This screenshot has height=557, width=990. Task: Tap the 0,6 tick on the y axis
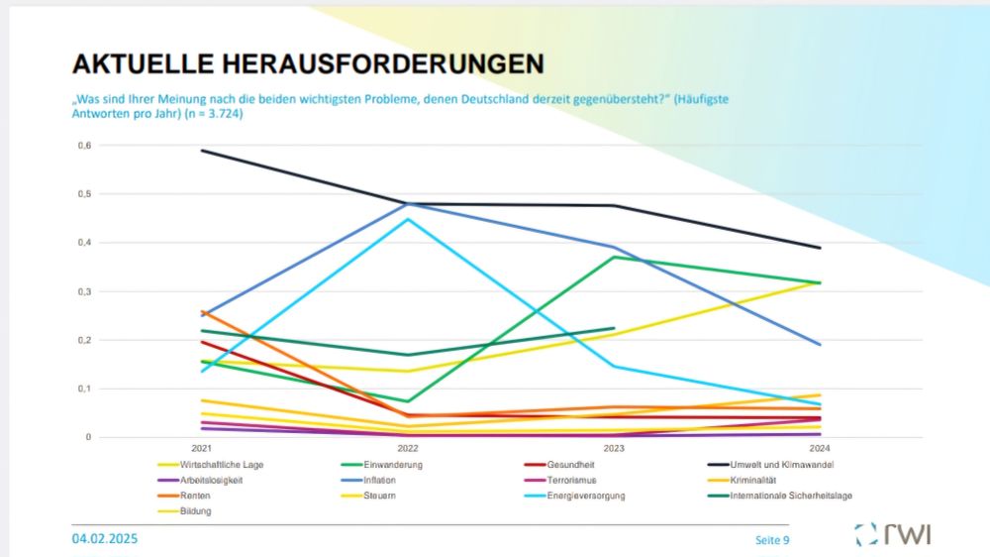[x=84, y=146]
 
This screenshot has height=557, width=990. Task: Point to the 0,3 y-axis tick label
[x=84, y=291]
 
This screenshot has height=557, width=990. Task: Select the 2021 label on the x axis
[x=202, y=447]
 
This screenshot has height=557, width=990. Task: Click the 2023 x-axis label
[x=614, y=447]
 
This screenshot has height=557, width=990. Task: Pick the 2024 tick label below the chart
[x=820, y=447]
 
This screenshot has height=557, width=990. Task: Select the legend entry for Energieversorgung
[x=585, y=496]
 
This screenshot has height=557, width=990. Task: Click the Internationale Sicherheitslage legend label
[x=790, y=496]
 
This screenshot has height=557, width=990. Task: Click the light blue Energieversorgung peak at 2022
[x=408, y=219]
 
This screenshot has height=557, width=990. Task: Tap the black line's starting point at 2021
[x=202, y=151]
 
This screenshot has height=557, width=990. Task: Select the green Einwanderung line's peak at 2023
[x=614, y=257]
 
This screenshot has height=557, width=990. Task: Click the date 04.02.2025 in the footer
[x=105, y=538]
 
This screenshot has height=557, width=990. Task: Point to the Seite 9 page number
[x=771, y=539]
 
